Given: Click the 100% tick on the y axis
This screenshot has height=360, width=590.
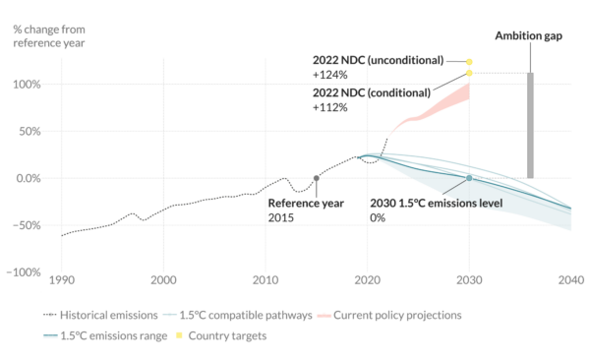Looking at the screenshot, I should pos(28,85).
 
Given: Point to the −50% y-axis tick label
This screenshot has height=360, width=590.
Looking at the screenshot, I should pos(27,225).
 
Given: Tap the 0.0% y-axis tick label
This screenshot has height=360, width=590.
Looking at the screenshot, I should pos(27,178).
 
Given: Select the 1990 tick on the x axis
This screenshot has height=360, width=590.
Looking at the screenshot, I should pos(61,279).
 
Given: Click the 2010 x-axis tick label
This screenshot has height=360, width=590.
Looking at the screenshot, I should pos(265,279).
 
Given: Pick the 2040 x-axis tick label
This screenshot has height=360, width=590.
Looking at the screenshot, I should pos(570,279).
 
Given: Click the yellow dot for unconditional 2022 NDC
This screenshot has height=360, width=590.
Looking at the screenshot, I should pos(469,61).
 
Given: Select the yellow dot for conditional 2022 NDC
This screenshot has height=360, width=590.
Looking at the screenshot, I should pos(469,73).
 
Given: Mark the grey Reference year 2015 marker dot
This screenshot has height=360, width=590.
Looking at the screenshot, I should pos(316,178).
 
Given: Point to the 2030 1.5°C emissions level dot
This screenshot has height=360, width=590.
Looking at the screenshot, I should pos(469,178).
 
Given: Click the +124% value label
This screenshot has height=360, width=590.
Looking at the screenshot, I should pos(331,75).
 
